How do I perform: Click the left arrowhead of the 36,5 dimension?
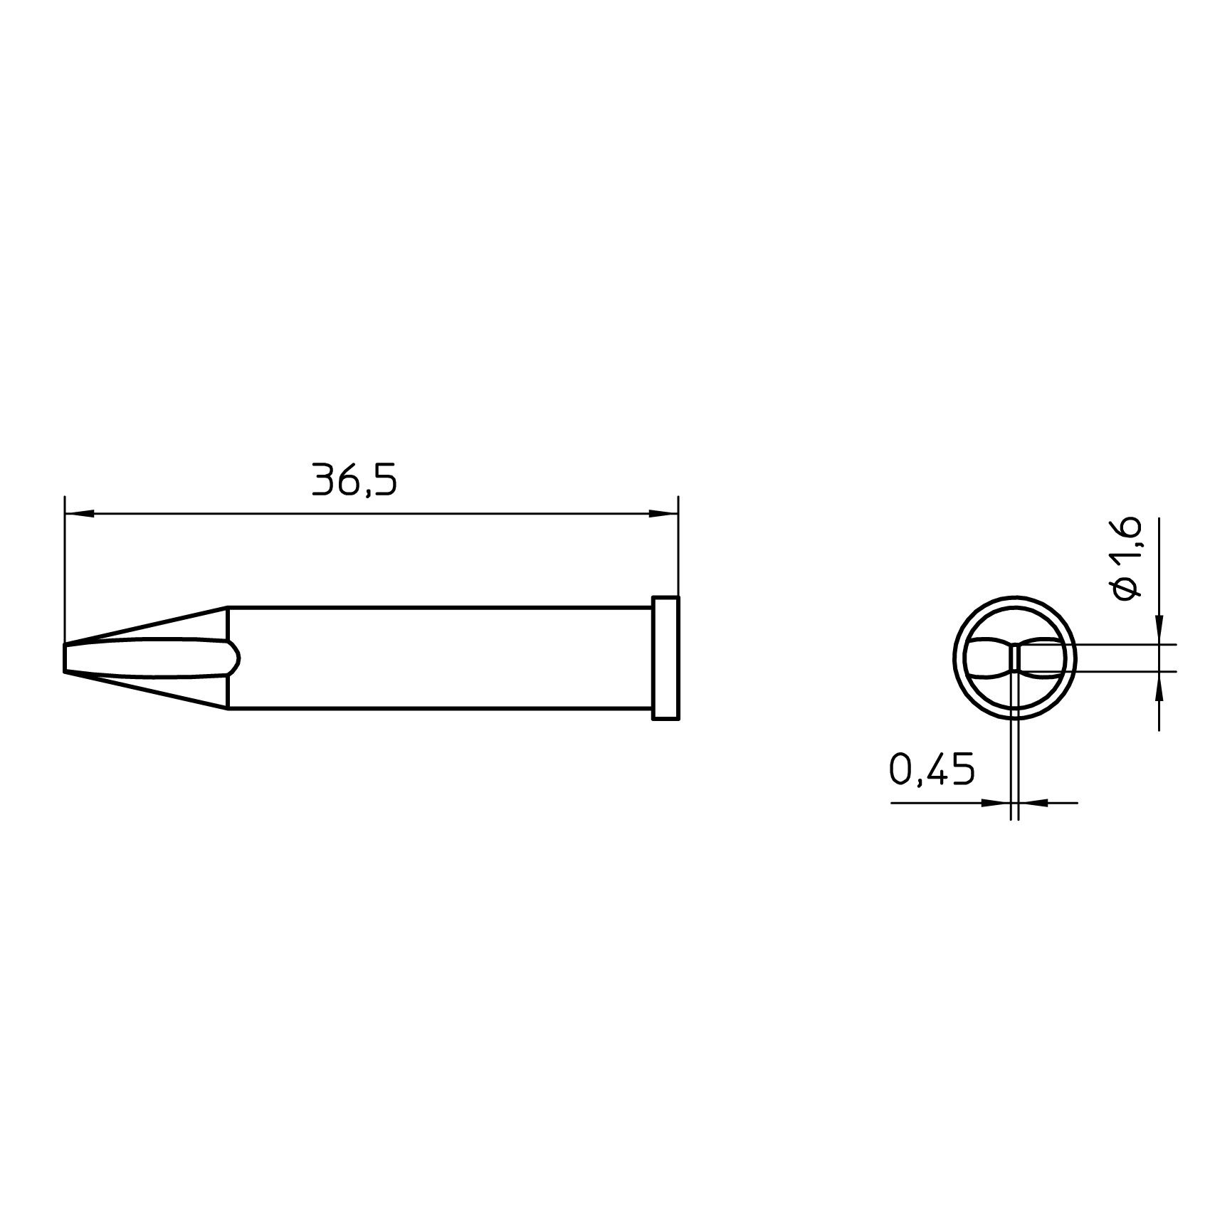[x=79, y=512]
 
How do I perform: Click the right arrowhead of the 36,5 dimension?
[x=663, y=512]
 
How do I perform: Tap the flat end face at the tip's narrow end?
[x=65, y=658]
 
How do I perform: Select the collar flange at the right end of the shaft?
[x=665, y=658]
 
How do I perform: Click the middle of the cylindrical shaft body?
[x=440, y=658]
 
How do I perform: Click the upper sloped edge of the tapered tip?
[x=146, y=626]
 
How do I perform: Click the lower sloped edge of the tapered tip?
[x=146, y=690]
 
